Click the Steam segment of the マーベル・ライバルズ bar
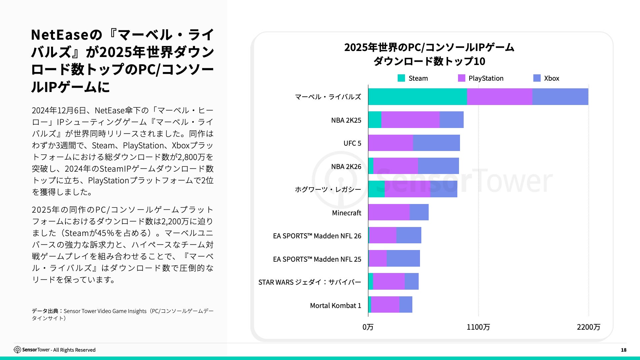pyautogui.click(x=417, y=97)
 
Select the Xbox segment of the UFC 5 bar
pyautogui.click(x=436, y=143)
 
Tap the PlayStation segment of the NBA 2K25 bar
pyautogui.click(x=410, y=120)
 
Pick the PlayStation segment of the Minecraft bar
pyautogui.click(x=389, y=212)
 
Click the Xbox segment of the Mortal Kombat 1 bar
pyautogui.click(x=406, y=305)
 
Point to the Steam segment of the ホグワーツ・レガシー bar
pyautogui.click(x=376, y=189)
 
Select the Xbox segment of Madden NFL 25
pyautogui.click(x=403, y=258)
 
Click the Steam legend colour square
pyautogui.click(x=401, y=78)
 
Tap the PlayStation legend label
pyautogui.click(x=486, y=78)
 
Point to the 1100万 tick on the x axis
pyautogui.click(x=478, y=327)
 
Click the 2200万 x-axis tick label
pyautogui.click(x=588, y=327)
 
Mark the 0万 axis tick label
pyautogui.click(x=368, y=327)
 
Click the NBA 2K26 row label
pyautogui.click(x=346, y=167)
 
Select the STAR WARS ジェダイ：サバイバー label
pyautogui.click(x=310, y=282)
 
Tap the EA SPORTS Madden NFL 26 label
pyautogui.click(x=317, y=236)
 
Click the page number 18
pyautogui.click(x=623, y=350)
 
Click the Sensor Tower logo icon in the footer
pyautogui.click(x=17, y=350)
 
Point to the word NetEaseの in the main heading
pyautogui.click(x=67, y=35)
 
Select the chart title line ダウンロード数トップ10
pyautogui.click(x=429, y=61)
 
